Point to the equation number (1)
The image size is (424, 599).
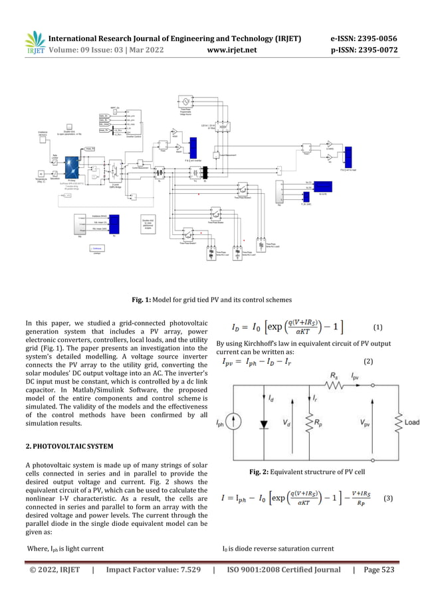pos(377,327)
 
